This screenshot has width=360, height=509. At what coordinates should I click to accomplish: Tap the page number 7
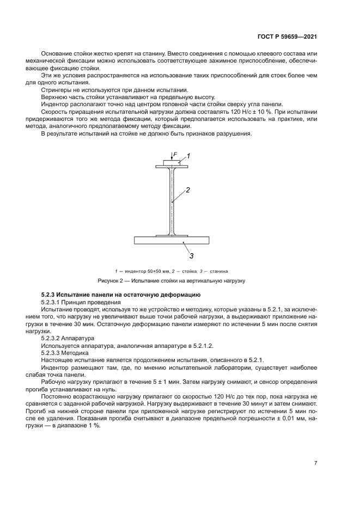315,463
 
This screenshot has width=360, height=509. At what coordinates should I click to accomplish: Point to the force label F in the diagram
175,155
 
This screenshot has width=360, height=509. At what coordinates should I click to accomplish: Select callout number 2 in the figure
187,191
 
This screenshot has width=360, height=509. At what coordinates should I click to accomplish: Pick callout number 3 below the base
191,254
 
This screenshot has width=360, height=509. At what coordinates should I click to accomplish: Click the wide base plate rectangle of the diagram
171,240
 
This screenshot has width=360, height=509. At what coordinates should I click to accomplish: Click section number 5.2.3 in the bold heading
50,295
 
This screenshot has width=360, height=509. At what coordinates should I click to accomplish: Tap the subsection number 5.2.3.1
52,301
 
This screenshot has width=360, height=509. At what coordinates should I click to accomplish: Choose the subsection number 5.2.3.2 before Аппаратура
52,338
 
